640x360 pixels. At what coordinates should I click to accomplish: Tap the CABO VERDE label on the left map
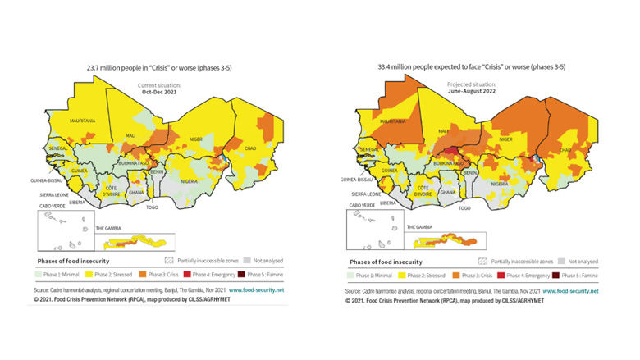(x=53, y=206)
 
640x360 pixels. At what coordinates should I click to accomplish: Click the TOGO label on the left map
(x=151, y=208)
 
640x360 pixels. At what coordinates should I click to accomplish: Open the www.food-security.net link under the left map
(x=256, y=290)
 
